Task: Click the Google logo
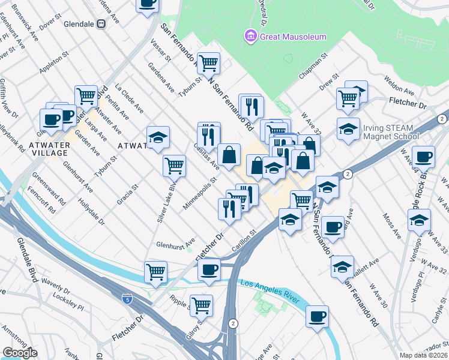20,353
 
